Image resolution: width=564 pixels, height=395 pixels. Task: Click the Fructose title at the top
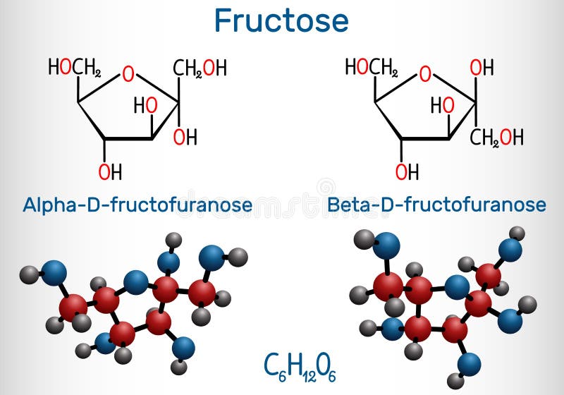tap(281, 20)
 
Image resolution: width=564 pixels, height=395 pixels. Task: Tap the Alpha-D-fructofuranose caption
tap(137, 205)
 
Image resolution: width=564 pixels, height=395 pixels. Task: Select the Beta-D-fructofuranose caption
tap(436, 205)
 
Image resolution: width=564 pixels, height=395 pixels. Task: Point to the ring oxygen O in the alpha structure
tap(128, 73)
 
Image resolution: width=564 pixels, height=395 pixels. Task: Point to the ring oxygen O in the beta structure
tap(424, 73)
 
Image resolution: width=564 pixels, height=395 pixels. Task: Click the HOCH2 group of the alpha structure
tap(75, 68)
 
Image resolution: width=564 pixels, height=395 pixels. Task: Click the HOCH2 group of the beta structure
tap(372, 68)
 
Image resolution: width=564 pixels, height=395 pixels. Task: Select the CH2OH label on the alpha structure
tap(200, 68)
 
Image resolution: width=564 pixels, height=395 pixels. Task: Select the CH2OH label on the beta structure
tap(497, 136)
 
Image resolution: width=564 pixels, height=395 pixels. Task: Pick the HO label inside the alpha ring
tap(145, 105)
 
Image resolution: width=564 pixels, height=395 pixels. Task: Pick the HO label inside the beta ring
tap(442, 105)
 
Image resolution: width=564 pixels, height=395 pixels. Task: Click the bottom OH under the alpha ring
tap(110, 171)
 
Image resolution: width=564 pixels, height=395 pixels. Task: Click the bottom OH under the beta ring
tap(407, 171)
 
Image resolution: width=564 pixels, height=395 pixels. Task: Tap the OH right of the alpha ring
tap(185, 136)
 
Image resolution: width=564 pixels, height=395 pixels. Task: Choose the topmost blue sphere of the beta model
tap(386, 245)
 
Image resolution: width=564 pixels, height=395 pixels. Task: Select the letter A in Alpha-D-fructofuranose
tap(30, 205)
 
